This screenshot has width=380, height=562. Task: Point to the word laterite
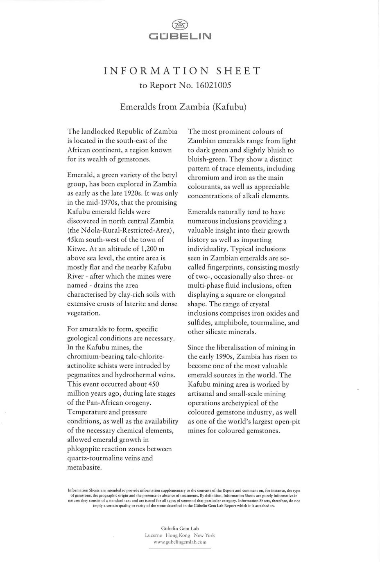(x=143, y=304)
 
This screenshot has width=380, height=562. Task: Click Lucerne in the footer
(x=153, y=535)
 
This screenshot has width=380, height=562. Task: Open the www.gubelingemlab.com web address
(x=180, y=542)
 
